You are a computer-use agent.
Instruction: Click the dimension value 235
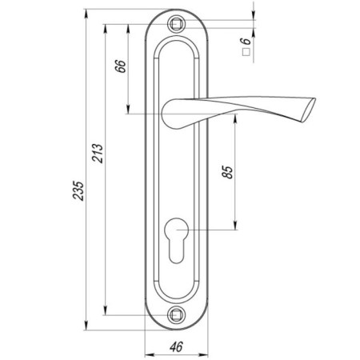click(78, 190)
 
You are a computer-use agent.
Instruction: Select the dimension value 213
click(98, 154)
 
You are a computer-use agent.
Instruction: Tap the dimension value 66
click(120, 66)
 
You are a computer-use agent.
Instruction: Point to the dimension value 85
click(227, 172)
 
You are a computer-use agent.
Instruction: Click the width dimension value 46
click(176, 346)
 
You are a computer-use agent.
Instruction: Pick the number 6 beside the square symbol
click(246, 41)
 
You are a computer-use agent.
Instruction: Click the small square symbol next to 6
click(246, 52)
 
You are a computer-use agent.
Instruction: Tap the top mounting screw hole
click(176, 24)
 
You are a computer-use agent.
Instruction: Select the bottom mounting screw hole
click(176, 315)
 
